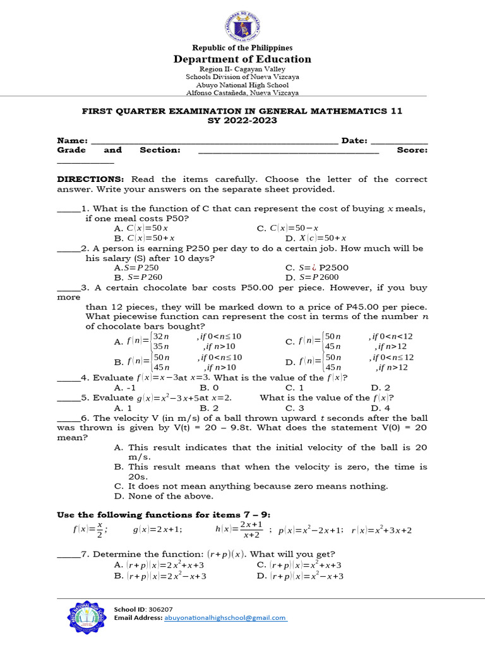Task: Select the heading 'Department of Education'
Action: click(x=242, y=59)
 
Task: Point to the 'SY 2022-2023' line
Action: click(x=242, y=121)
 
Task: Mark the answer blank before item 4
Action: click(x=68, y=378)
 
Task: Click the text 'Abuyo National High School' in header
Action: click(x=242, y=85)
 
